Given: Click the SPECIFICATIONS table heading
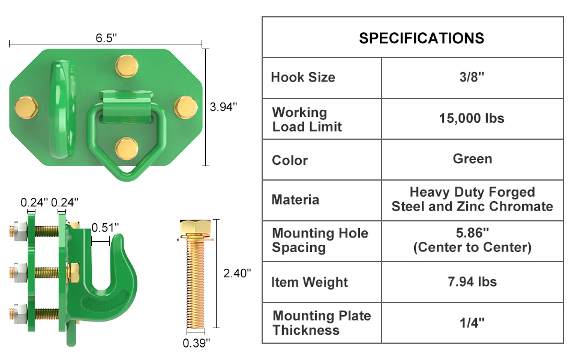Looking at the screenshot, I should click(421, 38).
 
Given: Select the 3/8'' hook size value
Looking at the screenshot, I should click(472, 77).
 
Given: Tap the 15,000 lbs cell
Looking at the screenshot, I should click(472, 118).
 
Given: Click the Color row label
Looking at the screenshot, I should click(290, 160).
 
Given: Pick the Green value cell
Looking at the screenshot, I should click(472, 159).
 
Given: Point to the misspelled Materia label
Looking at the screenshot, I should click(295, 200).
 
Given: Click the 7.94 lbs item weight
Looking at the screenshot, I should click(472, 281).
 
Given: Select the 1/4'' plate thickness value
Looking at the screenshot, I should click(472, 322).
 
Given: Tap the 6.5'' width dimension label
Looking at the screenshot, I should click(106, 37).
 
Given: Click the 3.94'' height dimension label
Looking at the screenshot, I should click(224, 107).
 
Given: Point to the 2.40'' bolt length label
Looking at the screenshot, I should click(237, 273).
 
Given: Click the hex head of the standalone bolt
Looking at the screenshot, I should click(194, 230).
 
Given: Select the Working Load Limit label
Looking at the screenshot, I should click(307, 119).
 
